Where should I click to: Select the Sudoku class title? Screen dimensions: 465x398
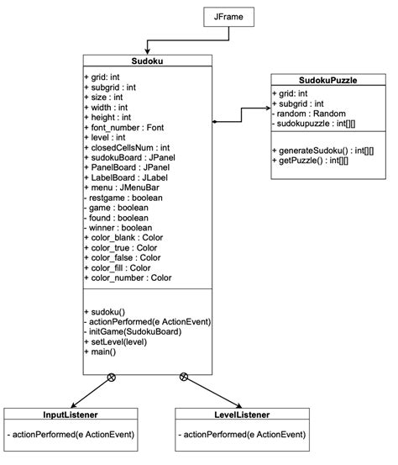pos(148,61)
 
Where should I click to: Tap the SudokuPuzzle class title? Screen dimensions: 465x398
pos(327,80)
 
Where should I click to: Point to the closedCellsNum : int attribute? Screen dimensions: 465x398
pos(127,148)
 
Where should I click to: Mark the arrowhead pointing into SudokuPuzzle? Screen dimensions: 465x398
pos(264,107)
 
